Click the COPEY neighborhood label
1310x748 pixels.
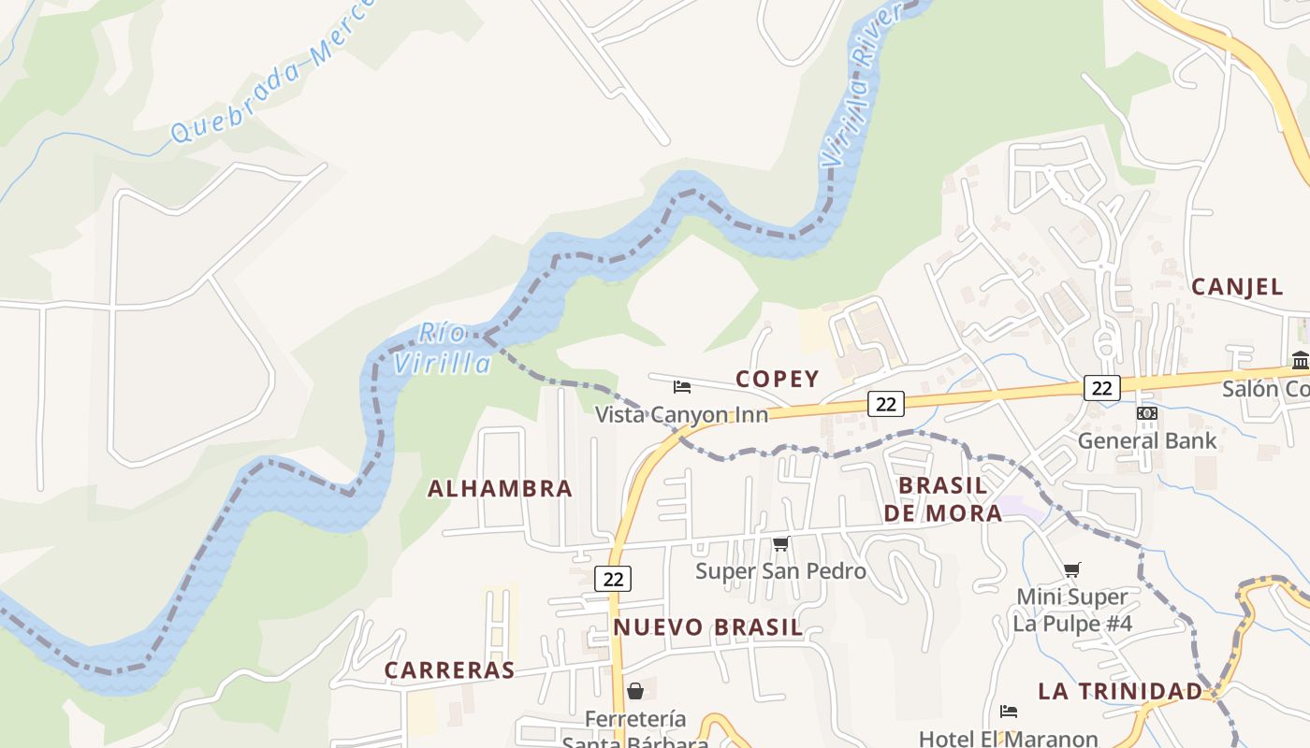click(777, 379)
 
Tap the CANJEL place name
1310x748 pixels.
click(1237, 287)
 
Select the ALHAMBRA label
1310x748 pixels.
click(500, 488)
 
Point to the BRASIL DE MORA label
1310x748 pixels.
click(942, 498)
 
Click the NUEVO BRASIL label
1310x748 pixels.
click(708, 627)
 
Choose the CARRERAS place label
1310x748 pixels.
click(450, 670)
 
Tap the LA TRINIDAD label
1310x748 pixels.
click(1119, 691)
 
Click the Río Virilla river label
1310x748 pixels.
click(442, 348)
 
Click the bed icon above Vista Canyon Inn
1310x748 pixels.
click(682, 386)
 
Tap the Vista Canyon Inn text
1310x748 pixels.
click(681, 414)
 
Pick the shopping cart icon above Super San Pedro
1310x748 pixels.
click(780, 543)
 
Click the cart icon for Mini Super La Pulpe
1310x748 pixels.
click(1072, 568)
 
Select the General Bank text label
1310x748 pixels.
click(1147, 440)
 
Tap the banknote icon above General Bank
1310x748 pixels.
click(1147, 413)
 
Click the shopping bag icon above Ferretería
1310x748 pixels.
click(635, 691)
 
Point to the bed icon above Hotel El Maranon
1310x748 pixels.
click(1008, 712)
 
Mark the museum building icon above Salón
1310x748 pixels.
click(1301, 360)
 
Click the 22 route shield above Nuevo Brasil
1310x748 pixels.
click(613, 579)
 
